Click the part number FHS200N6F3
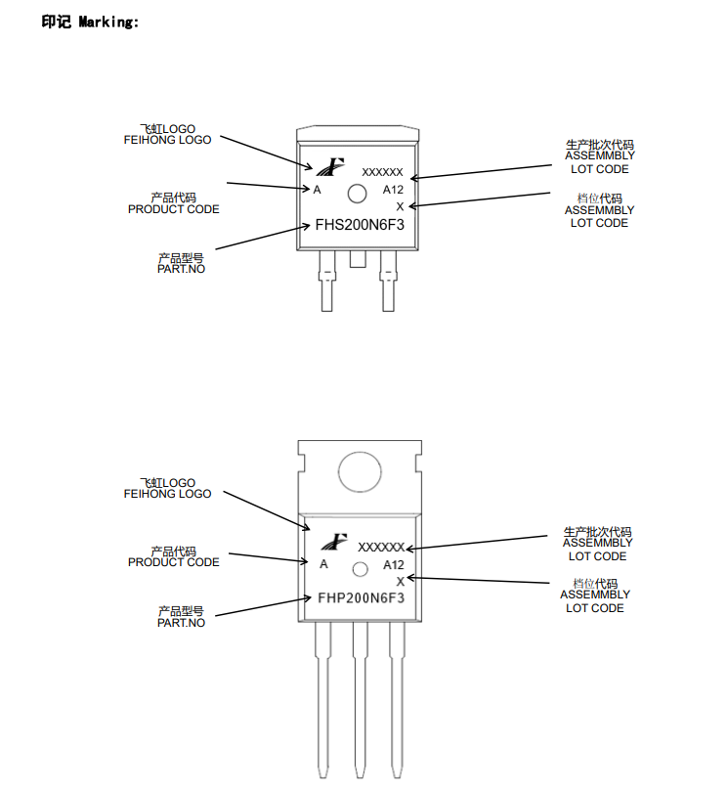click(x=360, y=224)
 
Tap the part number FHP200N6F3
click(x=360, y=596)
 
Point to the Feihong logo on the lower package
click(x=336, y=540)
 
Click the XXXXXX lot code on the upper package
click(x=382, y=172)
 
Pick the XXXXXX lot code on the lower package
click(x=381, y=547)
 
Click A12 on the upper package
click(x=393, y=190)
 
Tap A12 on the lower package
click(x=393, y=565)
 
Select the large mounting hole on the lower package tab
click(x=360, y=469)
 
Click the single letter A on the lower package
click(x=323, y=564)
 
